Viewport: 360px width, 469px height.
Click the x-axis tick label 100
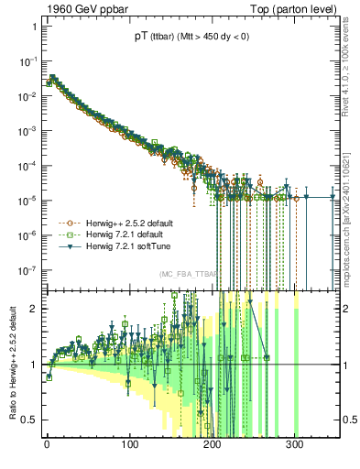130,446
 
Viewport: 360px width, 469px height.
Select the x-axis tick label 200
213,446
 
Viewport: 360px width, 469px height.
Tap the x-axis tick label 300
295,446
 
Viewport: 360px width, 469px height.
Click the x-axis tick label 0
47,446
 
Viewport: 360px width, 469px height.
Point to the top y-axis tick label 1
33,26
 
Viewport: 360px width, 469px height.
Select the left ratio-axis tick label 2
33,309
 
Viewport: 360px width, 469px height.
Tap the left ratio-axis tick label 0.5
29,420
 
